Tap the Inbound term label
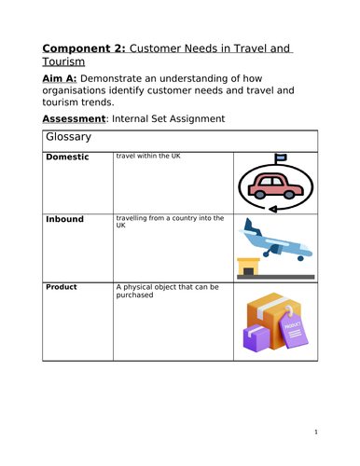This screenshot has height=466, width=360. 65,219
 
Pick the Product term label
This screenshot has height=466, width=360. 62,287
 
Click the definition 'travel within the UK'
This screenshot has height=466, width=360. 148,156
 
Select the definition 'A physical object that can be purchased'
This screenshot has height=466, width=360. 166,291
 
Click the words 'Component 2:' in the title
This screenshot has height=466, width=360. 87,49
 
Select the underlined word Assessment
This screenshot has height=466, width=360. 78,120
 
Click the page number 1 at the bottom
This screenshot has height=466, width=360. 316,432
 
